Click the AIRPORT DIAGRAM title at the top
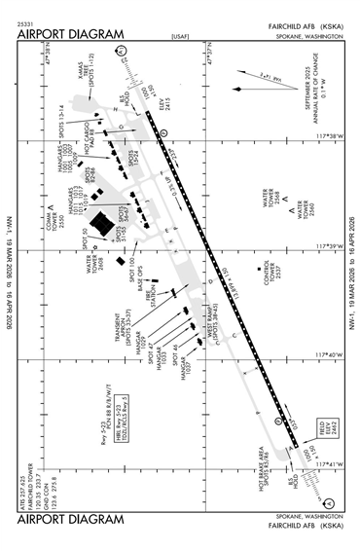coord(70,35)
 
